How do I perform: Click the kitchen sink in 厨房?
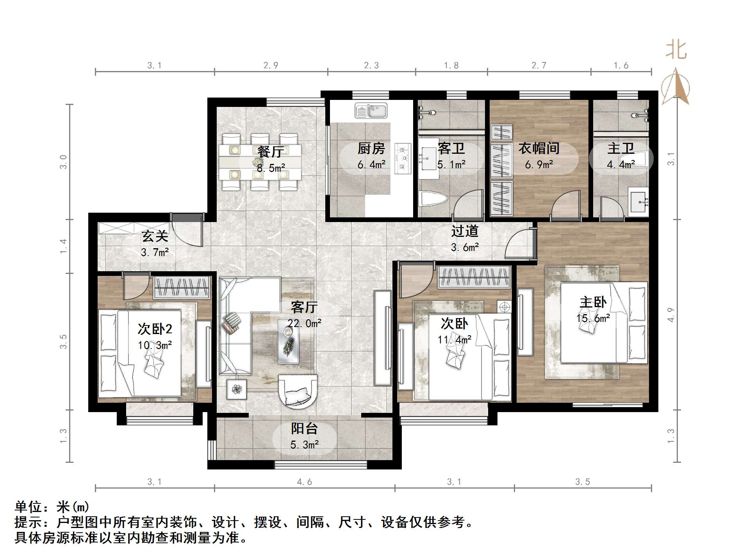coord(371,110)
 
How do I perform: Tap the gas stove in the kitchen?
coord(403,158)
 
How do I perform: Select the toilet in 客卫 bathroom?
coord(432,199)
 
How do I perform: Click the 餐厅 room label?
coord(271,151)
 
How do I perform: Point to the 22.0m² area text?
coord(305,323)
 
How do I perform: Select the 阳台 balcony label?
coord(304,428)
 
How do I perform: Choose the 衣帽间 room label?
coord(539,148)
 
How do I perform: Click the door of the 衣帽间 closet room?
coord(564,205)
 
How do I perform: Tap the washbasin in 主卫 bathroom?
coord(638,202)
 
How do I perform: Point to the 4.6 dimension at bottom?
coord(304,482)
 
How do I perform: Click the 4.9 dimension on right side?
coord(671,315)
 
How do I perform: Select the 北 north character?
coord(676,50)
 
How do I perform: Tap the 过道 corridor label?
coord(465,231)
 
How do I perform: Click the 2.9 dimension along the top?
coord(271,66)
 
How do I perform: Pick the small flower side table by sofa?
coord(237,389)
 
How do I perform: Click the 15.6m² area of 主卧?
coord(593,318)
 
